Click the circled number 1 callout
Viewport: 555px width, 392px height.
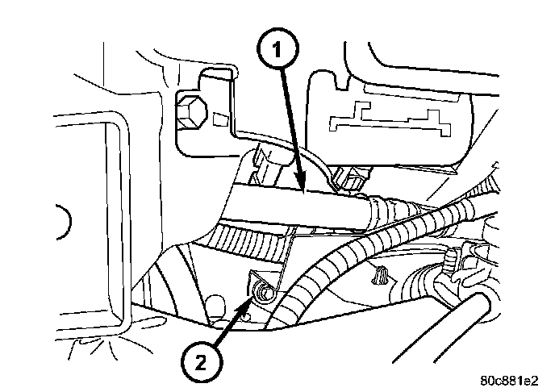tap(277, 51)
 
